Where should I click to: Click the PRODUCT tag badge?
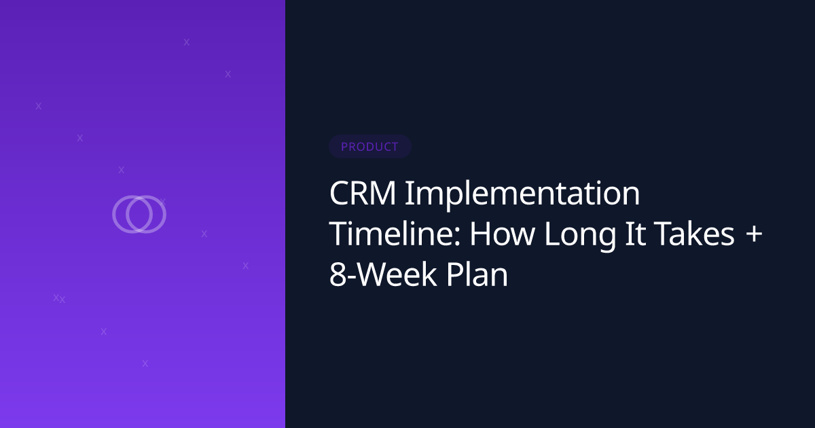(370, 146)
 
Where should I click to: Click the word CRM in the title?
(363, 193)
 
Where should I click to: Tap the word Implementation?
(522, 196)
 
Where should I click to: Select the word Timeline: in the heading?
(395, 234)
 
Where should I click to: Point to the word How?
(502, 234)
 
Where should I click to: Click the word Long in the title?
(580, 236)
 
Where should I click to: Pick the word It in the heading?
(635, 234)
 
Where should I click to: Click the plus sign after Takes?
(754, 234)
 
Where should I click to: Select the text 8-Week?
(383, 274)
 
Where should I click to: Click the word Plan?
(477, 274)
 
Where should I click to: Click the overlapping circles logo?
(139, 215)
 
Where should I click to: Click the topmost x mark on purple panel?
(187, 42)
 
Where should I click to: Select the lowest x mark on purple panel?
(145, 363)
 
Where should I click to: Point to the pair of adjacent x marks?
(59, 298)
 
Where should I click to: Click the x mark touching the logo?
(162, 201)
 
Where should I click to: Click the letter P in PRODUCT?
(344, 147)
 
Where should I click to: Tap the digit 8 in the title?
(337, 274)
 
